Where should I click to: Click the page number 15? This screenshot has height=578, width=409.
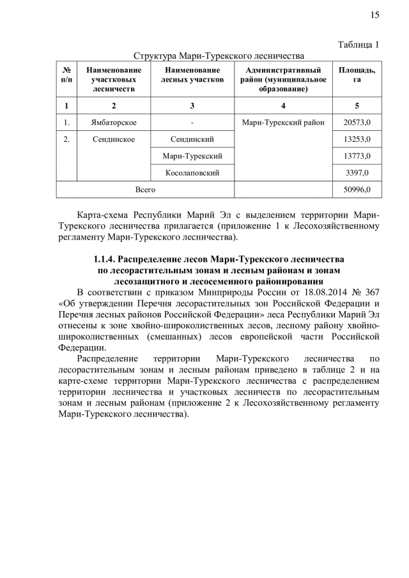pos(375,15)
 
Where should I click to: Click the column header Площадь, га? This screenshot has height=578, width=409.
pos(357,75)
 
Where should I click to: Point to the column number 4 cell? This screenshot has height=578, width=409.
pos(282,105)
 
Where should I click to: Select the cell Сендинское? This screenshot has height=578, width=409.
pos(114,139)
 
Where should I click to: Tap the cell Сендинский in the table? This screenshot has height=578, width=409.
pos(192,139)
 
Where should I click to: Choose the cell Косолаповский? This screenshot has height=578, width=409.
pos(192,172)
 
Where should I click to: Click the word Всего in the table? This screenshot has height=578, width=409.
pos(145,190)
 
